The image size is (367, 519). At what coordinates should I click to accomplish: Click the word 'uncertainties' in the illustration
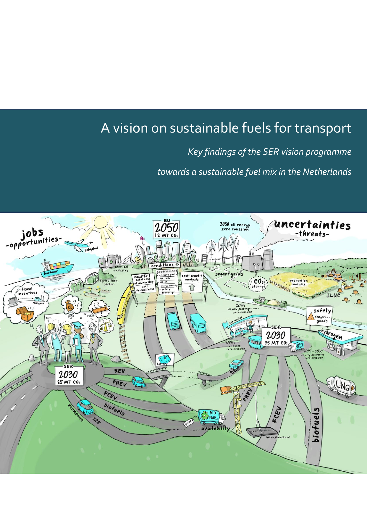coord(312,225)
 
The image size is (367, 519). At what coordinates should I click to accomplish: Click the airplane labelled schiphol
coord(78,245)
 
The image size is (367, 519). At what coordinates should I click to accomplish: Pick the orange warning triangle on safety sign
coord(311,317)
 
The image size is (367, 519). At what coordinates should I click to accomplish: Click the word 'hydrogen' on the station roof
coord(332,334)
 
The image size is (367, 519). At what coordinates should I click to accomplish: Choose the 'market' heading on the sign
coord(143,276)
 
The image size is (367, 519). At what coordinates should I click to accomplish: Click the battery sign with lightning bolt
coord(164,359)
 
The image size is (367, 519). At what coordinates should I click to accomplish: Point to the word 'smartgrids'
coord(229,274)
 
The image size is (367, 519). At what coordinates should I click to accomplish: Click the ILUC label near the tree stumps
coord(333,296)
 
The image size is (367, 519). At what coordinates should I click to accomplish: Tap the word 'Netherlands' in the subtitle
coord(327,172)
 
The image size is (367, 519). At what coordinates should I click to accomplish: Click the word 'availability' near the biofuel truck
coord(215,428)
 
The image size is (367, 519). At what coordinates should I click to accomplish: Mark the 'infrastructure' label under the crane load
coord(278,437)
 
